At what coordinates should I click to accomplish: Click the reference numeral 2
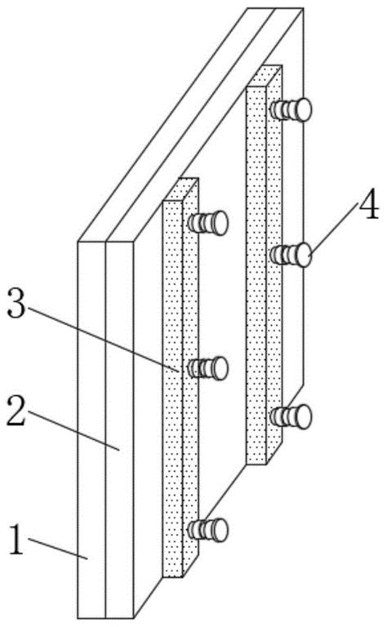[17, 411]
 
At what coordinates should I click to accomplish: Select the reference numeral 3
[17, 303]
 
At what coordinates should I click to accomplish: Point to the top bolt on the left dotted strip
[208, 223]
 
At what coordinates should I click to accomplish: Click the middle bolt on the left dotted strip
[208, 368]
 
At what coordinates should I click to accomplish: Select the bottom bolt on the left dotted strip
[208, 530]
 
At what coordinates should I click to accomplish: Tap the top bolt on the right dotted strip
[291, 109]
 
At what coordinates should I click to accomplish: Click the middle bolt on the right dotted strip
[291, 255]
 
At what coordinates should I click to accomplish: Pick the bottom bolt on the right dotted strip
[291, 417]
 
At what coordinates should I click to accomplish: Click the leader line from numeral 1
[58, 549]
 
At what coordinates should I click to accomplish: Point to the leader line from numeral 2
[73, 430]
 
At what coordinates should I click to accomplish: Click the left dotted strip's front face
[173, 389]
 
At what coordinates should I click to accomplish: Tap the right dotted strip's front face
[256, 275]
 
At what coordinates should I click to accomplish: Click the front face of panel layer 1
[91, 430]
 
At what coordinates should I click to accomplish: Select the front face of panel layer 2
[119, 430]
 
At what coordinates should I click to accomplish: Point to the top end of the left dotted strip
[180, 190]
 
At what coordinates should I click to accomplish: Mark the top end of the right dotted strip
[265, 76]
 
